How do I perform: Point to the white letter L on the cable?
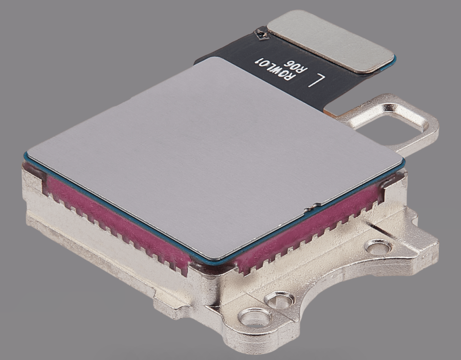316,80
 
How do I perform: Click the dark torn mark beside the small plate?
262,34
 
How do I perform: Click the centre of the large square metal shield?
214,156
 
